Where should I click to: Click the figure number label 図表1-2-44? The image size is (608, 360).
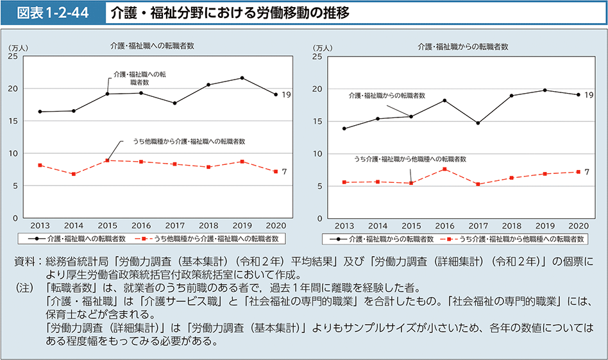53,12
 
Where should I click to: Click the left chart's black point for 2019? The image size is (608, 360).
242,78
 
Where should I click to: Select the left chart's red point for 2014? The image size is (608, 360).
74,174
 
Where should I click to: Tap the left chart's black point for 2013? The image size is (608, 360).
40,112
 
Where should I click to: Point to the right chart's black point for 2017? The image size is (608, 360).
478,123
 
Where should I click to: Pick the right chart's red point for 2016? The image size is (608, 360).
444,169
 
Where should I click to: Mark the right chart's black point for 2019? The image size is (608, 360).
545,90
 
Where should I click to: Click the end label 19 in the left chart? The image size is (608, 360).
286,94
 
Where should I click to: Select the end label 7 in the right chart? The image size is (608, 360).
586,171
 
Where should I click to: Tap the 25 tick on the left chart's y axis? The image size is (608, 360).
13,56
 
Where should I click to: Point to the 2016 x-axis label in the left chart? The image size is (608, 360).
140,226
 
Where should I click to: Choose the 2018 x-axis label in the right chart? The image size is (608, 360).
511,226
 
